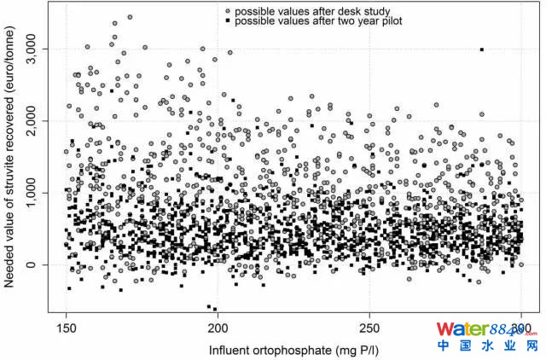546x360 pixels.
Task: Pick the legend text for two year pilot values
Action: pyautogui.click(x=318, y=20)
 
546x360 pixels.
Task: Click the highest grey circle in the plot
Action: pyautogui.click(x=130, y=17)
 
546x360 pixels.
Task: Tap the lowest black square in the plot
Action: pyautogui.click(x=215, y=309)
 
